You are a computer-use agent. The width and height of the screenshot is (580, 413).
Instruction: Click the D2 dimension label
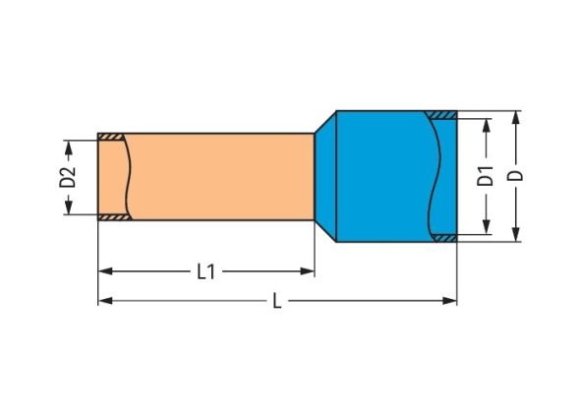68,177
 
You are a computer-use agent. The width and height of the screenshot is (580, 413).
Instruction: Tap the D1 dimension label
486,176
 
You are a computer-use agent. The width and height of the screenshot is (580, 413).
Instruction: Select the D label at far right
516,175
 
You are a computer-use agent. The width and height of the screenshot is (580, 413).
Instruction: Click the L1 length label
206,272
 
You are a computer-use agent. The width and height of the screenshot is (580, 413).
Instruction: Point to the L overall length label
277,301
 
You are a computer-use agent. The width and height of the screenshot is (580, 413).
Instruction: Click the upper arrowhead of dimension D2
69,147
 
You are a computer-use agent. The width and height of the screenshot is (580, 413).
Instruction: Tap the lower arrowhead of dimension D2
69,207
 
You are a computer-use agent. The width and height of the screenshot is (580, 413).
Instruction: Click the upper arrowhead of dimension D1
487,126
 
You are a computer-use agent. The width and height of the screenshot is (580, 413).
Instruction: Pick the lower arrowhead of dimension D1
487,227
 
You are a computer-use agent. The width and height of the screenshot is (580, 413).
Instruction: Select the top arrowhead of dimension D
517,118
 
